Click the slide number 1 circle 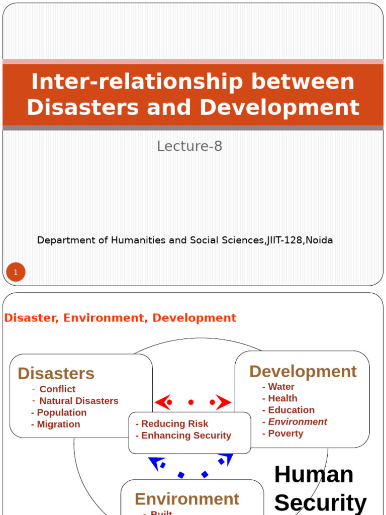(16, 273)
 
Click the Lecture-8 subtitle (189, 146)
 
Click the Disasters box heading (56, 374)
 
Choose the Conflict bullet (57, 389)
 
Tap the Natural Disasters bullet (79, 401)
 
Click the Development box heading (303, 372)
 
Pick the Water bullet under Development (281, 387)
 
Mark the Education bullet (291, 410)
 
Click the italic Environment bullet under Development (298, 422)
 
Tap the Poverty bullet (285, 434)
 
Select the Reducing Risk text (174, 424)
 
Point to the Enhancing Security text (186, 436)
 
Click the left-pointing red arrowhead (163, 402)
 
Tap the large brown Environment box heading (187, 499)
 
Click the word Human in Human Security (314, 475)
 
